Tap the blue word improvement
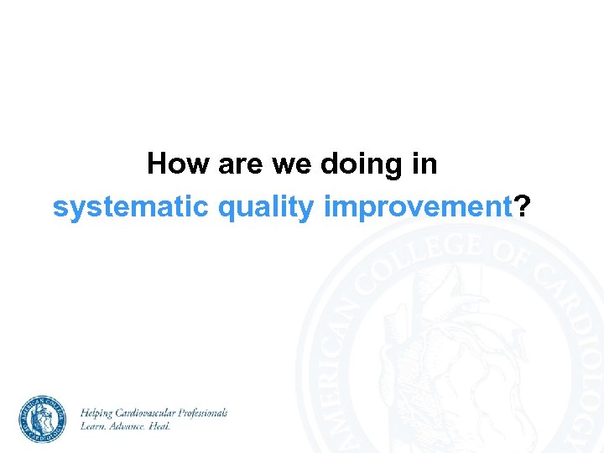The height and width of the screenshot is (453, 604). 418,207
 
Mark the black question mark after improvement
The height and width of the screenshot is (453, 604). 523,207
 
